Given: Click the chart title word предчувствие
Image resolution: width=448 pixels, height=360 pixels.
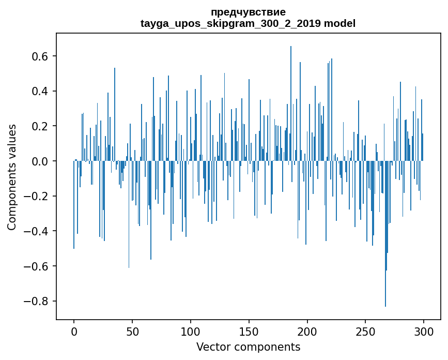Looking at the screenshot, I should [x=248, y=12].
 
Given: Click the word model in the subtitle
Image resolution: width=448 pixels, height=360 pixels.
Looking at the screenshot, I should [x=339, y=23].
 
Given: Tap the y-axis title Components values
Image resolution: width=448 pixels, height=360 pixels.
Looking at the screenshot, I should [x=11, y=177].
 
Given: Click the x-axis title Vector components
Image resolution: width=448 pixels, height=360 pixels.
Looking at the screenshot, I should [x=248, y=347].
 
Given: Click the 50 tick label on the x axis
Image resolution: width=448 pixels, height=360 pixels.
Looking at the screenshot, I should [x=132, y=331].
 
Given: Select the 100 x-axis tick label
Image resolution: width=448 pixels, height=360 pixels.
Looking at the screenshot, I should [x=191, y=331].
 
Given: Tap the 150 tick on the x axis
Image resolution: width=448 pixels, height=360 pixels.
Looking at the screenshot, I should [x=249, y=331].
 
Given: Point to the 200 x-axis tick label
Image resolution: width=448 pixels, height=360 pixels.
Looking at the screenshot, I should [x=307, y=331].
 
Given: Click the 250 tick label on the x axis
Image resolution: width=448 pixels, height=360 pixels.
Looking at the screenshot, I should [x=366, y=331].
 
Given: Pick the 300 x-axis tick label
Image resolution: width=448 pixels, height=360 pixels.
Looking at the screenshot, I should [x=424, y=331].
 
